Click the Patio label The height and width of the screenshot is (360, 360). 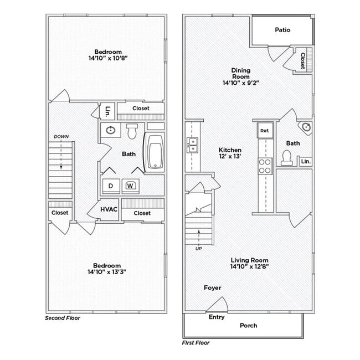282,30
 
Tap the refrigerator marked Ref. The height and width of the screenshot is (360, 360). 264,131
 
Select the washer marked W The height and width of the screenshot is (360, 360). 131,186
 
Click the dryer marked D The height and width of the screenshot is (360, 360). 110,186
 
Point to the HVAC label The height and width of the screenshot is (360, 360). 109,210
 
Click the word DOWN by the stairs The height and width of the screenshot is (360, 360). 61,136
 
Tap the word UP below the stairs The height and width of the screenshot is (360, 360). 199,249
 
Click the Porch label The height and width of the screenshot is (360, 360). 248,326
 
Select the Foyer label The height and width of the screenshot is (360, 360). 212,288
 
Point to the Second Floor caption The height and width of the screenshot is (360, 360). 62,318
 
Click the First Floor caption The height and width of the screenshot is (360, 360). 197,343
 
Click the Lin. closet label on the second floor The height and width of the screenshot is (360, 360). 107,110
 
